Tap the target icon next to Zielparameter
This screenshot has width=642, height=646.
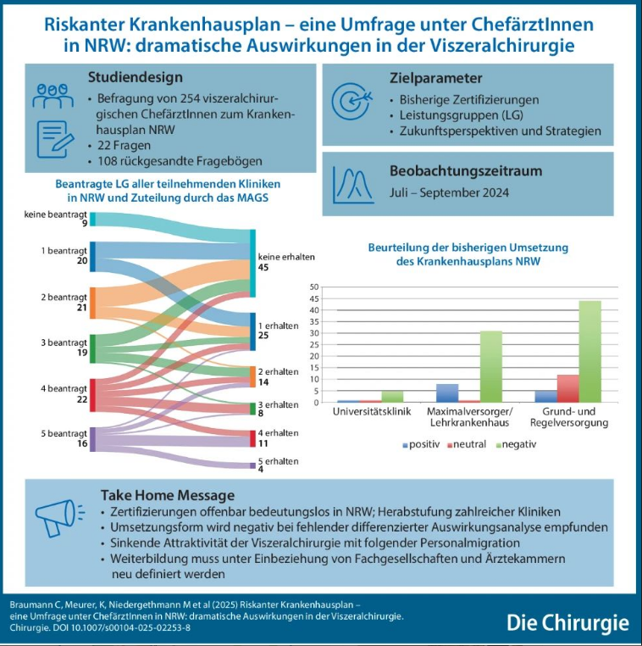(x=351, y=102)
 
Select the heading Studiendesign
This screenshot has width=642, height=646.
(x=136, y=77)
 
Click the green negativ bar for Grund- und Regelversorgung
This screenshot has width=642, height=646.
(x=589, y=352)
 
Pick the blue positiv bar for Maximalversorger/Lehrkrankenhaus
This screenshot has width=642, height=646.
(x=447, y=393)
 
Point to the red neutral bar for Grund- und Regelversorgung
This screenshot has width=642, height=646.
(x=568, y=388)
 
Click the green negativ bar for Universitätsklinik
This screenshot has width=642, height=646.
(x=392, y=397)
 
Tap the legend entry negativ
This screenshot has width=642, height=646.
(x=517, y=444)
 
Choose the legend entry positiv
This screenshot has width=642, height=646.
(x=422, y=444)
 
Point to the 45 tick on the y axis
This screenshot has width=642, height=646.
(x=314, y=298)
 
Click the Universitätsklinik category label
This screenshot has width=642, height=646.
(x=372, y=411)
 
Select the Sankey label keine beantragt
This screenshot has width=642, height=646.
(x=56, y=214)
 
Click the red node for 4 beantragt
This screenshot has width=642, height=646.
(x=92, y=395)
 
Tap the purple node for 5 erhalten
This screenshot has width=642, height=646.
(x=252, y=465)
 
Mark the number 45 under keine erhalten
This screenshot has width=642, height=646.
(x=263, y=267)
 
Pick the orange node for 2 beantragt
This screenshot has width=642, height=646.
(x=92, y=303)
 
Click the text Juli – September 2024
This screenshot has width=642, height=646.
(x=449, y=192)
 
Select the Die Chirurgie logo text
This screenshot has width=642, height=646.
(x=567, y=623)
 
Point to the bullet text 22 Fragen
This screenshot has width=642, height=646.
(x=124, y=146)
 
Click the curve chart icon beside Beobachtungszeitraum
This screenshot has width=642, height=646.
(x=353, y=186)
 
